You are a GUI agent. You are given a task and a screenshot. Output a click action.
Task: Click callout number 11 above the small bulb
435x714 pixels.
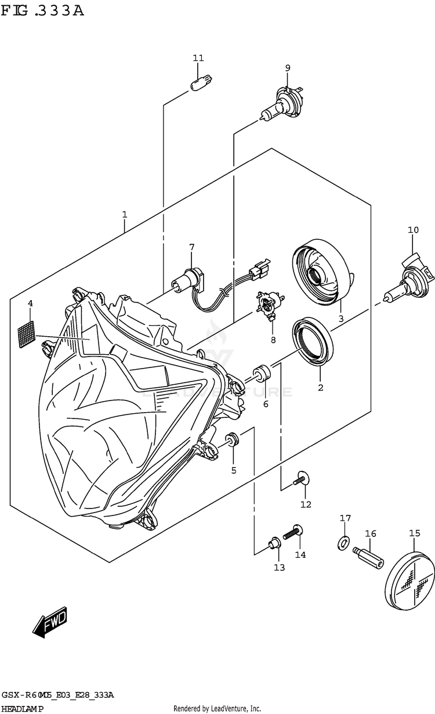coord(198,58)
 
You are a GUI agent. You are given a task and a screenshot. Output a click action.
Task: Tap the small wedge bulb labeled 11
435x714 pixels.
coord(200,80)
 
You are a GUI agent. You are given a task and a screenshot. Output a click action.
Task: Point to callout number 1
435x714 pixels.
coord(125,215)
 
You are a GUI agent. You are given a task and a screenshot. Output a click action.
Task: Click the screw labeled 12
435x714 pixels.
coord(300,479)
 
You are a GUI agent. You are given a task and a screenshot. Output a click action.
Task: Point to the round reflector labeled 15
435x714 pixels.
coord(412,580)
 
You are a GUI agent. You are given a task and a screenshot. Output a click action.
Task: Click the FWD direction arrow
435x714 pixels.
coord(51,623)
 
